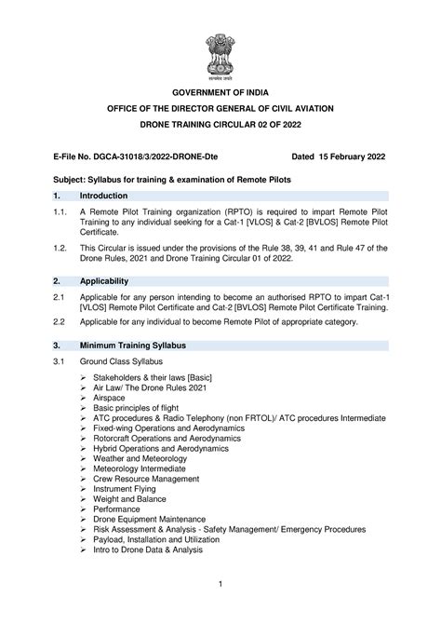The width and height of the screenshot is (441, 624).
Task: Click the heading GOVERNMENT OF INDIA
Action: [x=220, y=93]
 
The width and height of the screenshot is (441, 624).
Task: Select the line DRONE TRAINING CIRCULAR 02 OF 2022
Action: [x=220, y=124]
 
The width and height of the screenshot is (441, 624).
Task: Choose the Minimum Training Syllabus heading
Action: [x=132, y=345]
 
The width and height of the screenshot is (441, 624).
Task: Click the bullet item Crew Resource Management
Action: [x=144, y=476]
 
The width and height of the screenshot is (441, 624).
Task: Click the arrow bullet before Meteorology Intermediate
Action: [x=84, y=465]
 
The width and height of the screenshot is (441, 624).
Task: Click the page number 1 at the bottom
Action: [x=220, y=584]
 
